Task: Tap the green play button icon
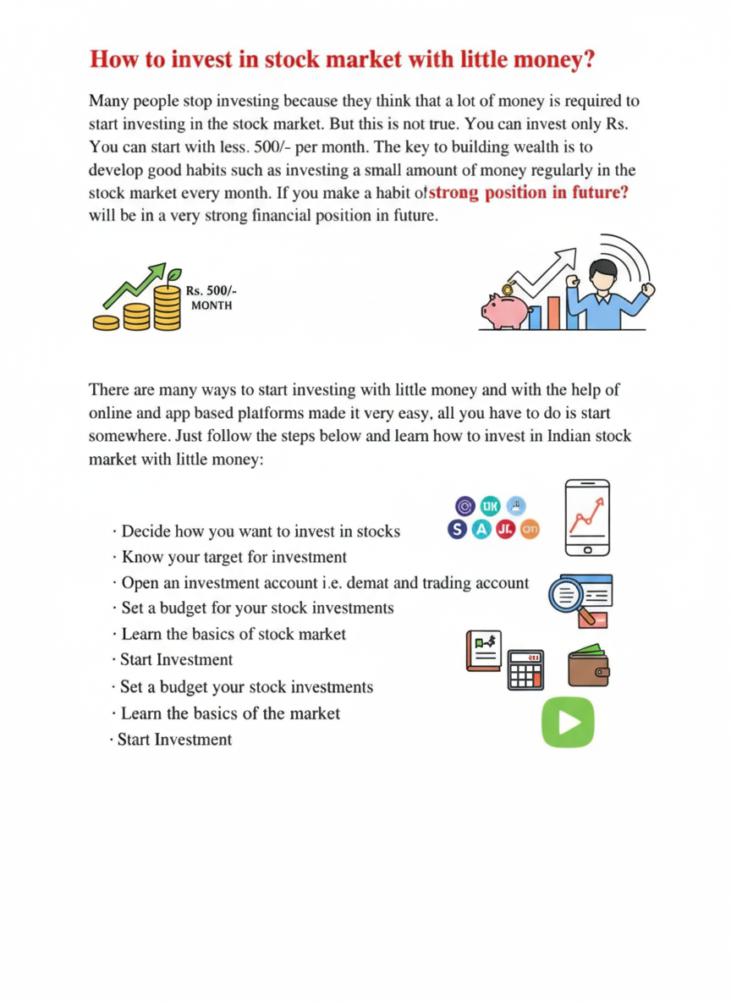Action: coord(568,722)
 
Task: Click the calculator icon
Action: coord(525,669)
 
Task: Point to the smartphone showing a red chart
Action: coord(588,517)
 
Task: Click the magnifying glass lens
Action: coord(566,595)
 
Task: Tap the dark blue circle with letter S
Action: coord(458,530)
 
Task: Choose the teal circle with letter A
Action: coord(482,530)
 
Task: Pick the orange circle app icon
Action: coord(530,530)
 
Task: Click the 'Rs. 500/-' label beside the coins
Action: coord(206,289)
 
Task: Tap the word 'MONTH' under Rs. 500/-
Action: coord(206,305)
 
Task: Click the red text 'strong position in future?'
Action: coord(529,192)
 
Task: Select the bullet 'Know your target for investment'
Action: coord(234,557)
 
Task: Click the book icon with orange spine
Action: coord(484,652)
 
